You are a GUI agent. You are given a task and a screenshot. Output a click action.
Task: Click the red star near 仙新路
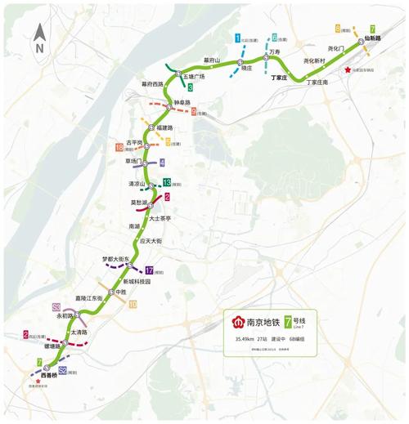pos(348,70)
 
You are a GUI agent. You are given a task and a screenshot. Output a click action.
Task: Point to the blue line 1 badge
pos(237,38)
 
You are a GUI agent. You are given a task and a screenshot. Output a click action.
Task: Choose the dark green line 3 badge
pos(190,87)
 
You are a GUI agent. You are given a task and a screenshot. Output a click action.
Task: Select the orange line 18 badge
pos(119,148)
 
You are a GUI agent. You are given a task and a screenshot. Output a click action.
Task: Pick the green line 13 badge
pos(166,183)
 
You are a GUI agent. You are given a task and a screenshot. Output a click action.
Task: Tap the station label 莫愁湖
pos(139,202)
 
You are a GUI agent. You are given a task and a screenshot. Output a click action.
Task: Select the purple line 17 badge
pos(149,271)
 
